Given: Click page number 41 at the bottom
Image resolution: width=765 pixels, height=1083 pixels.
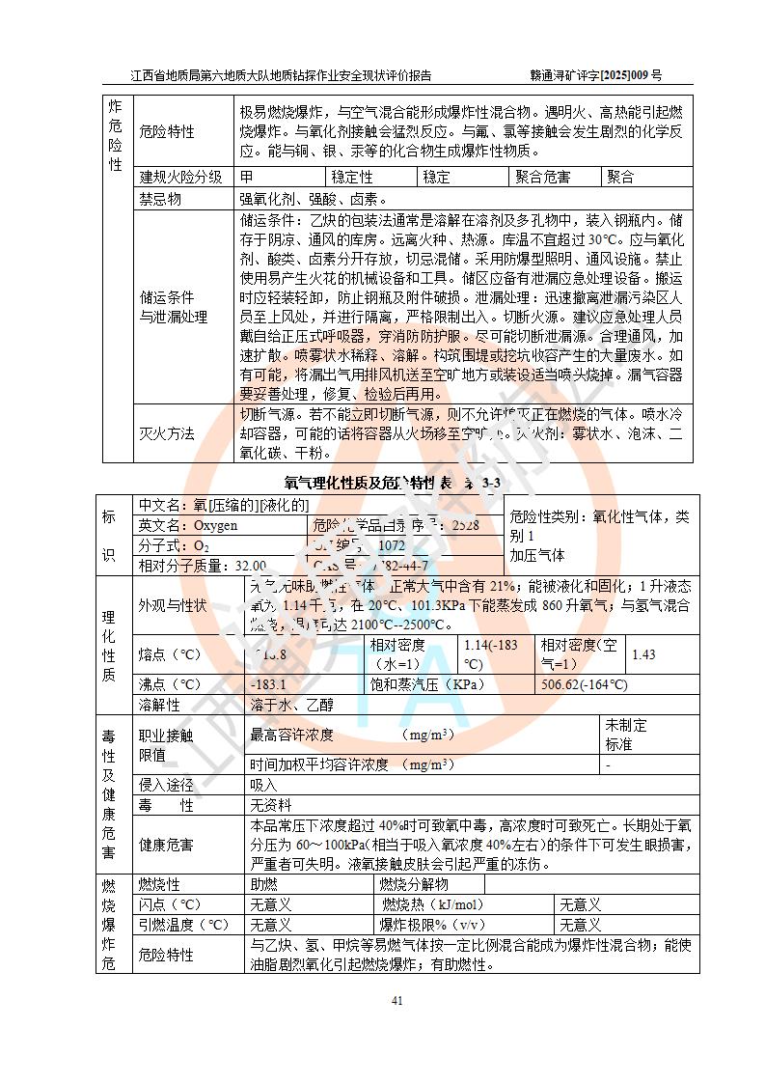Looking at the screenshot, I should [x=396, y=1000].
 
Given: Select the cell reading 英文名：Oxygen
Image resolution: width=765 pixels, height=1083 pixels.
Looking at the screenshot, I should [x=188, y=526].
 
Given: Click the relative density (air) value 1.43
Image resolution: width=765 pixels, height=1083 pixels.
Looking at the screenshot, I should [x=643, y=654].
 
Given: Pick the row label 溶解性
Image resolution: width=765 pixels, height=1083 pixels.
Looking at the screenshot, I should [x=160, y=705].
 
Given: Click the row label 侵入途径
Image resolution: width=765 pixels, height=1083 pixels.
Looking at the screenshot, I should [x=167, y=785].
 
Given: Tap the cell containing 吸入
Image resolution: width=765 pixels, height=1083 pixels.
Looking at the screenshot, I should [x=264, y=785].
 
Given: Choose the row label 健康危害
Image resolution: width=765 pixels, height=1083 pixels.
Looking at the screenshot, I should [x=167, y=845].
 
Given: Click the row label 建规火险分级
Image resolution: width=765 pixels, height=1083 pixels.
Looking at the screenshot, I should [x=181, y=177].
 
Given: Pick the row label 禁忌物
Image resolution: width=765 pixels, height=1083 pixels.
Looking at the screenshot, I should [x=160, y=199].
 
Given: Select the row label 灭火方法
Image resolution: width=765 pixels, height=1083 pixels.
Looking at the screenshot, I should [x=167, y=433].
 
